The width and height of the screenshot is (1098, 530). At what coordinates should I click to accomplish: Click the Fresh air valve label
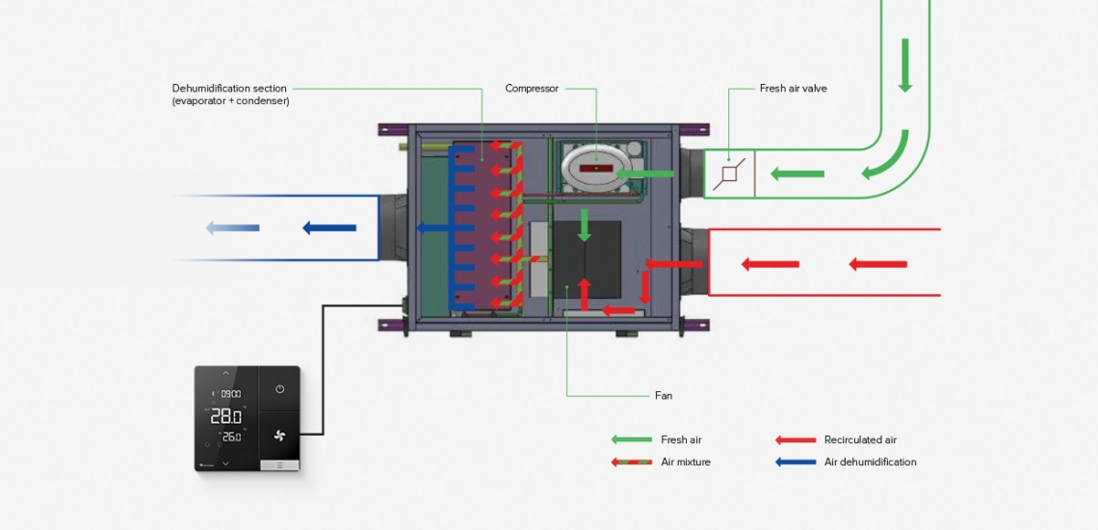point(793,89)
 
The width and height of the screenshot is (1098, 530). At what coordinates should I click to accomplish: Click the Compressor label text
point(532,89)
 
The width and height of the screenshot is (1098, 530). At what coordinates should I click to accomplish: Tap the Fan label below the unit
point(663,395)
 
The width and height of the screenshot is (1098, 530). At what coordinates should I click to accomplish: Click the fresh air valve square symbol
point(729,174)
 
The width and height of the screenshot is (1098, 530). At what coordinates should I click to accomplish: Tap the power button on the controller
point(279,389)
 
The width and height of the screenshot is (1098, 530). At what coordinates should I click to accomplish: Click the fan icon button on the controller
point(279,437)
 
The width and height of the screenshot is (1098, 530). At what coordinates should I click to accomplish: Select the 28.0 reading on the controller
point(225,416)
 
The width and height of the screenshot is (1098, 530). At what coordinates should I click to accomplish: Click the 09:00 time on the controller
point(230,394)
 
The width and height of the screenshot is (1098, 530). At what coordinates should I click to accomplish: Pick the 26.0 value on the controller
point(230,437)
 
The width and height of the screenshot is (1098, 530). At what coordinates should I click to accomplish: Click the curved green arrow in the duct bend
point(886,159)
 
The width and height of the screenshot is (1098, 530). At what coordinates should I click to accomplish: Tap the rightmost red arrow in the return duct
point(877,264)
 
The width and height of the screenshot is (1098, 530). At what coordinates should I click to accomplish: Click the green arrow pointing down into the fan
point(585,226)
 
